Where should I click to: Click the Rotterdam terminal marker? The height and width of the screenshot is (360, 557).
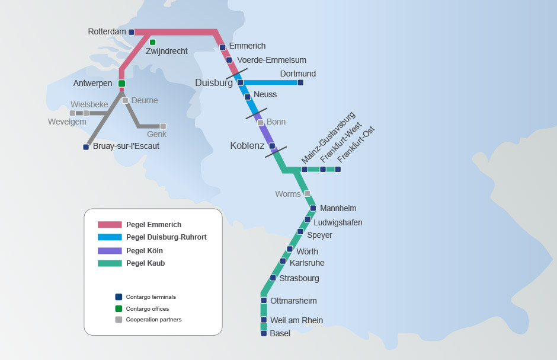coord(131,32)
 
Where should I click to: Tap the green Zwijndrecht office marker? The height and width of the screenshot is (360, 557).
coord(153,42)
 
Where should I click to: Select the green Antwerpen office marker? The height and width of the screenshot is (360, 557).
coord(121,84)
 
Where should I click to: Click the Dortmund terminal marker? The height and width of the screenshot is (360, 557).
coord(300,82)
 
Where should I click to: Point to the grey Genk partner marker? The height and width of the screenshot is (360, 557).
coord(163,126)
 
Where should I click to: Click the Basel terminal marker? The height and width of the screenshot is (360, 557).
coord(264,333)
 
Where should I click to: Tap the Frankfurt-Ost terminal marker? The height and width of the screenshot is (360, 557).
coord(338,170)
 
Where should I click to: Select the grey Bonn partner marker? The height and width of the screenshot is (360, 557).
coord(260,122)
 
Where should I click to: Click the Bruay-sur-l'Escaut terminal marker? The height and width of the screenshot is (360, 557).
coord(86,146)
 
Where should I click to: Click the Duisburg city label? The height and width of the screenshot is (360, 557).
coord(214,83)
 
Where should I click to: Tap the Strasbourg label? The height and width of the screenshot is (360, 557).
coord(299,278)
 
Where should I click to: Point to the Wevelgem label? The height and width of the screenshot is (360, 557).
coord(67,122)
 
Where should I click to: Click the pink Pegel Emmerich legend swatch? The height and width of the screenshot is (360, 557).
coord(110,225)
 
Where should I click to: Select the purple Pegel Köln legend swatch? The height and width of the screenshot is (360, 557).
coord(110,251)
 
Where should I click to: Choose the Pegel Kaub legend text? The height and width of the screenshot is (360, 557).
coord(145,263)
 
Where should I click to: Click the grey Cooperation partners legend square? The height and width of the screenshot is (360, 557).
coord(119,320)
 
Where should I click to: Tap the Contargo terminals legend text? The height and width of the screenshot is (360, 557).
coord(151,297)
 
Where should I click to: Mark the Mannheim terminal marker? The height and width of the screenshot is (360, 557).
coord(313,208)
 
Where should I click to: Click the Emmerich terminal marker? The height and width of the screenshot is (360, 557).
coord(222,47)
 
